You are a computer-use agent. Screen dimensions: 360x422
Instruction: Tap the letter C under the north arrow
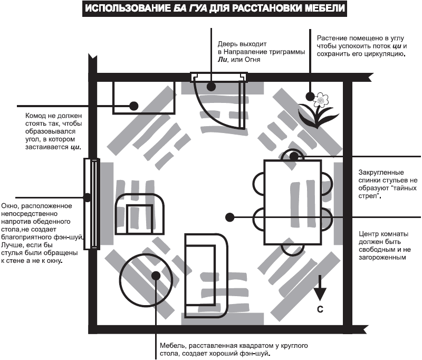[x=320, y=310]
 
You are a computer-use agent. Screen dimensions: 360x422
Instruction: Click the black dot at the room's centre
[x=229, y=216]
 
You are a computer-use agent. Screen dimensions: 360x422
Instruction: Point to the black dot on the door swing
[x=210, y=86]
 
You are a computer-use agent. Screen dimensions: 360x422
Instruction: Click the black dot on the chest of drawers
[x=134, y=106]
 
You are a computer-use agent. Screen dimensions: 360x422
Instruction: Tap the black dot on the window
[x=88, y=197]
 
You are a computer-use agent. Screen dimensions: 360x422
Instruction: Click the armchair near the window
[x=140, y=214]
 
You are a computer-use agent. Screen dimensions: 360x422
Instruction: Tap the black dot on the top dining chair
[x=294, y=156]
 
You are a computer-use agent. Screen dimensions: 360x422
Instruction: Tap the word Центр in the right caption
[x=369, y=234]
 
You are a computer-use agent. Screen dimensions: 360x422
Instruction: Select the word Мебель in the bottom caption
[x=172, y=346]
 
